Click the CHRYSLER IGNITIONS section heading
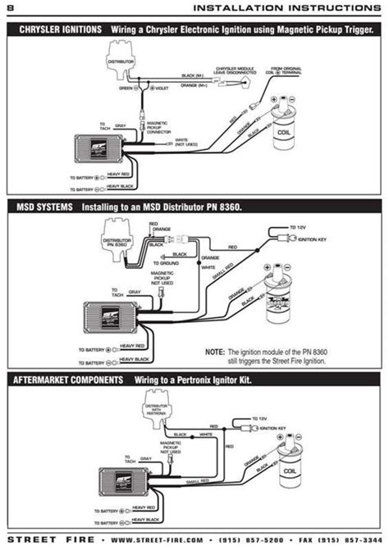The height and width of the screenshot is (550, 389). (x=53, y=29)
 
